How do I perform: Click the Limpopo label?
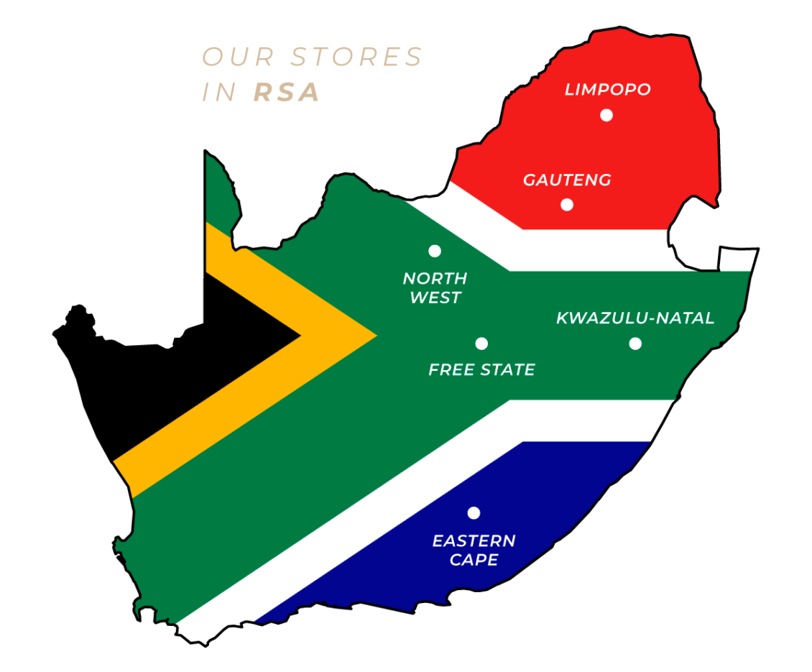[607, 90]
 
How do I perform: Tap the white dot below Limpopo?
[606, 115]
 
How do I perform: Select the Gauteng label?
[567, 180]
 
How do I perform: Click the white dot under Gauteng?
[567, 205]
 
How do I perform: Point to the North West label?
[435, 287]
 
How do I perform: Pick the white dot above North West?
[435, 251]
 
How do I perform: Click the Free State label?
[481, 370]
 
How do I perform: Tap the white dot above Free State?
[481, 344]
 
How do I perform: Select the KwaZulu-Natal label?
[635, 318]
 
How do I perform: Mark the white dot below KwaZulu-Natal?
[635, 344]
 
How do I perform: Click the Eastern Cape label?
[474, 550]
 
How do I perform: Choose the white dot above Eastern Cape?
[474, 513]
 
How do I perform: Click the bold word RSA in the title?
[287, 93]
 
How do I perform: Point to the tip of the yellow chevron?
[374, 335]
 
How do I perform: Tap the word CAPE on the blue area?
[474, 560]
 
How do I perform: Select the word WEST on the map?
[435, 298]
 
